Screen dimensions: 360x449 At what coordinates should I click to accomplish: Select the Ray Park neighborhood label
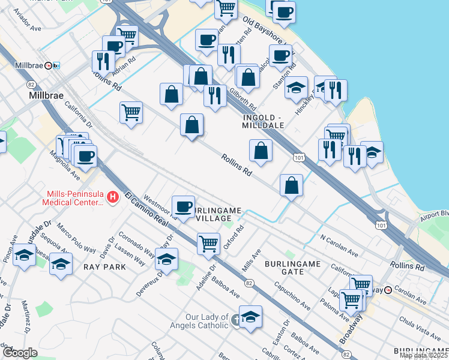pos(104,266)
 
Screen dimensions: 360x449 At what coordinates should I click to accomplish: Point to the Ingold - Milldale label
pos(267,119)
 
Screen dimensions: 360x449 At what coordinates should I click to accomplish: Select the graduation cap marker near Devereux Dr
pos(166,260)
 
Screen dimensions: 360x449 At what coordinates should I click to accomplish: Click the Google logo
pos(20,353)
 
